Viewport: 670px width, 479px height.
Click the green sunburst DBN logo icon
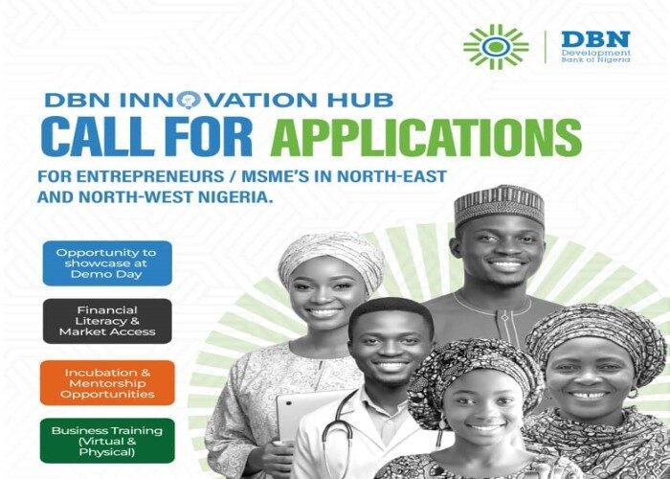(x=495, y=47)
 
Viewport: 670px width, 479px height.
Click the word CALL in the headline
(x=86, y=138)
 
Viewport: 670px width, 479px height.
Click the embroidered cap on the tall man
(x=498, y=204)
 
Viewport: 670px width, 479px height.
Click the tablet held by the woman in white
(x=293, y=417)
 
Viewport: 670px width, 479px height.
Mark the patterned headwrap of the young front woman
(x=474, y=369)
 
